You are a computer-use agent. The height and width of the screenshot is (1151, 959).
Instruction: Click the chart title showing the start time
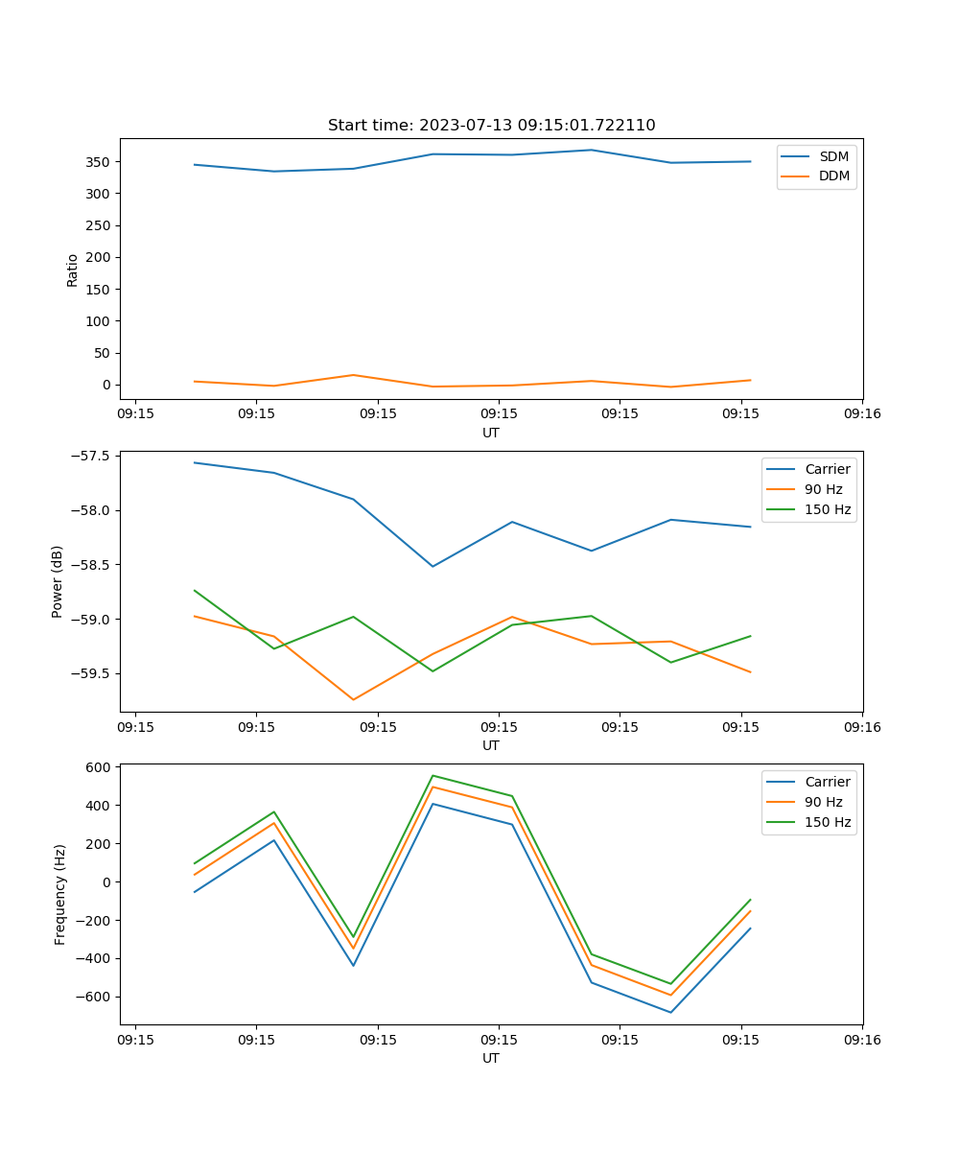[491, 126]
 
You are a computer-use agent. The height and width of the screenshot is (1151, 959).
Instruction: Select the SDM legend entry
[833, 156]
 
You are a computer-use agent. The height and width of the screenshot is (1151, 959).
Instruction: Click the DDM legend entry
[833, 176]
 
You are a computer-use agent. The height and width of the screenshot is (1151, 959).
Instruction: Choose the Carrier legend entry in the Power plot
[827, 469]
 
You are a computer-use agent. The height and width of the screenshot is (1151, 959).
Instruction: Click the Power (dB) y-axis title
[58, 581]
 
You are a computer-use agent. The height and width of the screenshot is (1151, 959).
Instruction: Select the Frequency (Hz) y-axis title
[60, 894]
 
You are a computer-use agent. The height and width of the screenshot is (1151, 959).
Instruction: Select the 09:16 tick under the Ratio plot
[861, 414]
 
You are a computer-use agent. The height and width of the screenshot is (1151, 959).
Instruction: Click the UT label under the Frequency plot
[491, 1058]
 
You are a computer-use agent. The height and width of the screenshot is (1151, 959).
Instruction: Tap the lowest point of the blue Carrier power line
[433, 566]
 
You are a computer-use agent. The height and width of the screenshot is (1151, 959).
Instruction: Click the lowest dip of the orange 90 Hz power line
[353, 699]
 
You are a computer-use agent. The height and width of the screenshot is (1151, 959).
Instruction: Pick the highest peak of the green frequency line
[433, 775]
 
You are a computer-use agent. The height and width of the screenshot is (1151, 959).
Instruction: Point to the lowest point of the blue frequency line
[670, 1012]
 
